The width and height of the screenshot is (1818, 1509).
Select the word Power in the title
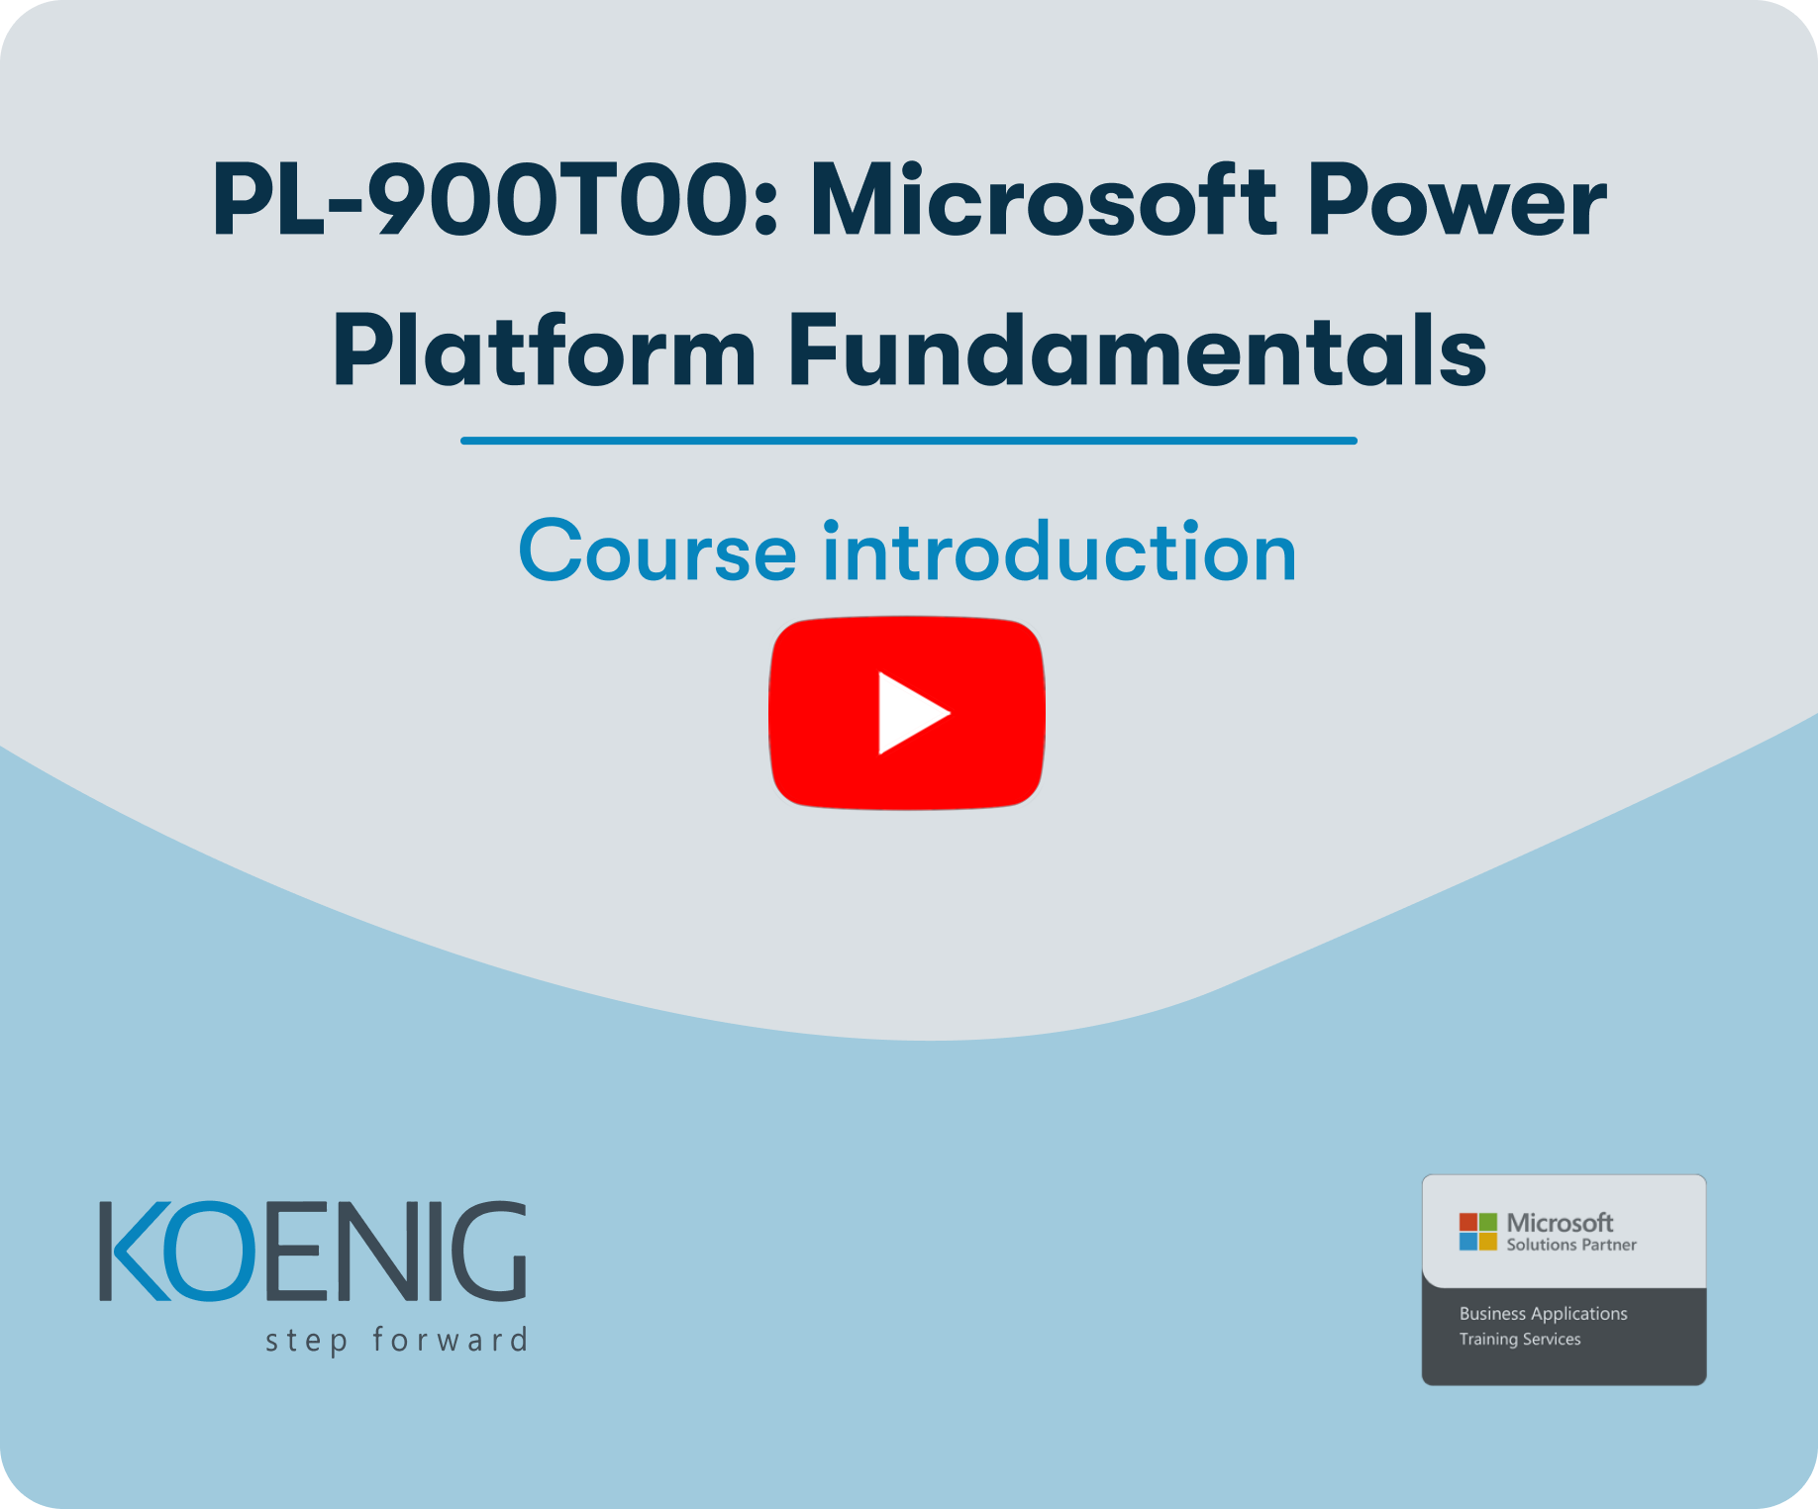point(1457,201)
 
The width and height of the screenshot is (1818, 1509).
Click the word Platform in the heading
point(545,349)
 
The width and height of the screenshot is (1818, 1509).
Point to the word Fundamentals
point(1137,349)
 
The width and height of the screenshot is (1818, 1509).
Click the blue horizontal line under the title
point(909,441)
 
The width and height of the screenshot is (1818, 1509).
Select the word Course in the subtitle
point(657,552)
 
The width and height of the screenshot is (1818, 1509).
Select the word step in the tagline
point(307,1342)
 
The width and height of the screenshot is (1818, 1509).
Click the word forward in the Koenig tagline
point(450,1340)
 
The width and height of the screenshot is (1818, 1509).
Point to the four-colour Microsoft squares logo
point(1478,1231)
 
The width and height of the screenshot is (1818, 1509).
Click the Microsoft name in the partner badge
point(1560,1223)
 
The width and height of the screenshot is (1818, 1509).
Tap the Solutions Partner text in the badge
point(1571,1245)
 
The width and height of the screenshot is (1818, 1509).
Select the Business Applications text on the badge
point(1543,1314)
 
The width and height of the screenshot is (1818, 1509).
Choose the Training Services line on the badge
point(1520,1340)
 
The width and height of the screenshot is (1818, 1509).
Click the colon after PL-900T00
point(765,210)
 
